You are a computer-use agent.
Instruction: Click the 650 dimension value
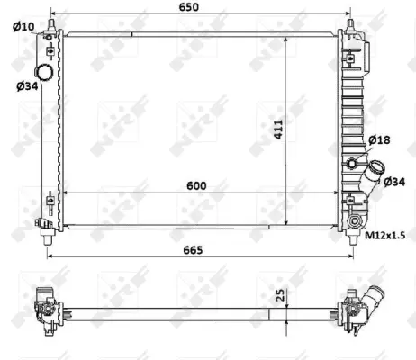[x=199, y=7]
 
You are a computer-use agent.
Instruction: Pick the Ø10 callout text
[x=23, y=25]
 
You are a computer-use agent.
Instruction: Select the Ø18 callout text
[x=379, y=141]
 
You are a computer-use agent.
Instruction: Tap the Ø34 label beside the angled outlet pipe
[x=393, y=182]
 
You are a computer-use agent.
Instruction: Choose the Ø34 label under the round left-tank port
[x=26, y=86]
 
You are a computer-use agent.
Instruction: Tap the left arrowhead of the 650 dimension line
[x=52, y=17]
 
